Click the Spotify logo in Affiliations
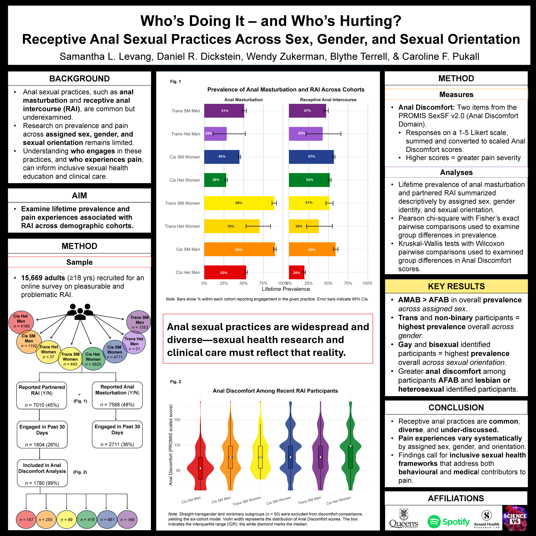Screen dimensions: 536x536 click(448, 522)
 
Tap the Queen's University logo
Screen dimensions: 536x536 click(404, 518)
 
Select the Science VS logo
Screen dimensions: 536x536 click(515, 518)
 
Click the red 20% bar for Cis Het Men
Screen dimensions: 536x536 click(297, 273)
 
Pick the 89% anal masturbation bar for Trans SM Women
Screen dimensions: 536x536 click(239, 203)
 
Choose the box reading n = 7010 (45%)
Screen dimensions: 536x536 click(42, 396)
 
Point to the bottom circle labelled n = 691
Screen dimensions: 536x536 click(107, 519)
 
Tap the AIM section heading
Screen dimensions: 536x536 click(79, 196)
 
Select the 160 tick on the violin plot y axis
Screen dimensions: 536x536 click(178, 420)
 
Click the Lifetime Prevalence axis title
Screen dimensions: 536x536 click(286, 289)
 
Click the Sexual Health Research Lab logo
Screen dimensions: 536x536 click(487, 519)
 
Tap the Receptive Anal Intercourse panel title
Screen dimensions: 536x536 click(328, 100)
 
